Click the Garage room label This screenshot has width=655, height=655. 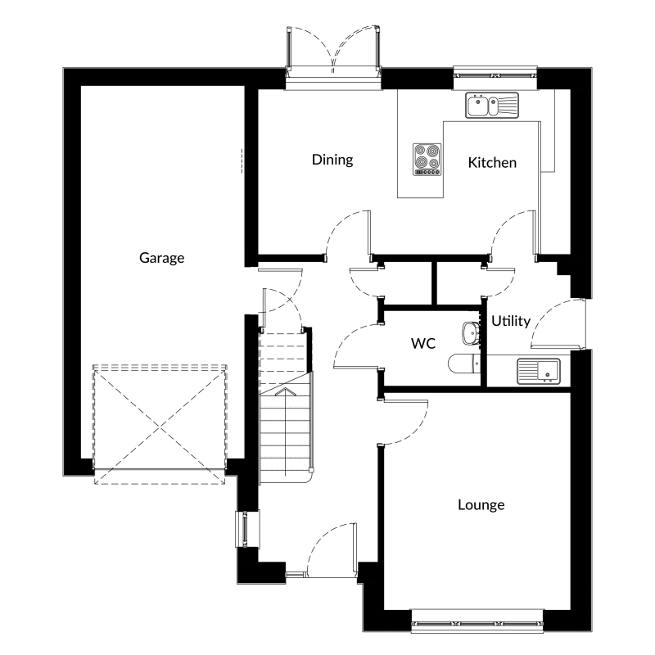pyautogui.click(x=161, y=258)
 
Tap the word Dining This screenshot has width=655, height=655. pyautogui.click(x=332, y=159)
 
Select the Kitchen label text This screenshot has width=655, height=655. pyautogui.click(x=492, y=162)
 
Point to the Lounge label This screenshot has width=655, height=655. pyautogui.click(x=481, y=504)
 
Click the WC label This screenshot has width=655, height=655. pyautogui.click(x=423, y=343)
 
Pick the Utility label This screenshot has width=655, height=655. pyautogui.click(x=511, y=321)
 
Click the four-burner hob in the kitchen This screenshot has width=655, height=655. pyautogui.click(x=427, y=159)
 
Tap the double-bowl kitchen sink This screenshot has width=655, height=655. pyautogui.click(x=492, y=106)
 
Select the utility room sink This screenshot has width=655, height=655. pyautogui.click(x=539, y=371)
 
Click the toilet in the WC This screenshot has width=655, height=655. pyautogui.click(x=464, y=364)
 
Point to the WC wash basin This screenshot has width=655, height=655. pyautogui.click(x=472, y=333)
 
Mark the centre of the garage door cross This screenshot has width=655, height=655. pyautogui.click(x=160, y=427)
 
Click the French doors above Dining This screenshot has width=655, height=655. pyautogui.click(x=333, y=52)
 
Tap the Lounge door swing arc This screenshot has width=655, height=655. pyautogui.click(x=405, y=422)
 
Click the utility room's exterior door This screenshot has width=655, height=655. pyautogui.click(x=558, y=323)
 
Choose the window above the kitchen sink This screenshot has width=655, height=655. pyautogui.click(x=495, y=75)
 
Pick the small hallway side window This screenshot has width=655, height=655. pyautogui.click(x=243, y=528)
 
